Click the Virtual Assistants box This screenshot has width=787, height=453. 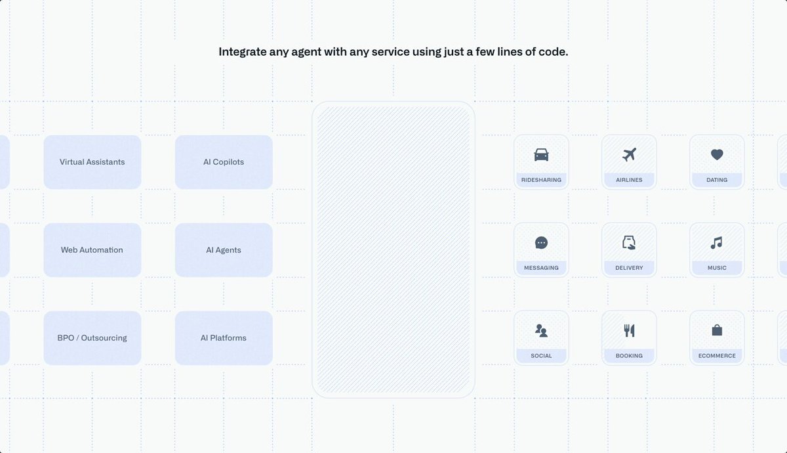coord(92,162)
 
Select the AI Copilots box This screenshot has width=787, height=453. coord(224,162)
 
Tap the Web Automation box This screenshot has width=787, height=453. coord(92,249)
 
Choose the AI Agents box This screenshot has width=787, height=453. coord(224,249)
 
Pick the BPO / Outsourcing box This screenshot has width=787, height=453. coord(92,337)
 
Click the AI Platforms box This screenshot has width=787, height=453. coord(224,337)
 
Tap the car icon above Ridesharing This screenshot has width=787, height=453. coord(542,155)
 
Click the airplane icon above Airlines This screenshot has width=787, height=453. coord(629,155)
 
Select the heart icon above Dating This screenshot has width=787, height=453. coord(717,155)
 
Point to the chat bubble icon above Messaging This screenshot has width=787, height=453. coord(542,243)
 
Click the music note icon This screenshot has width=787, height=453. coord(717,243)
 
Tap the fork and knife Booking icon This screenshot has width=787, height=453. coord(629,331)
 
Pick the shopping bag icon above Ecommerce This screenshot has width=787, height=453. coord(717,330)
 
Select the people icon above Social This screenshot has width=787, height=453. coord(542,331)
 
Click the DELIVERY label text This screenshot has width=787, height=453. coord(629,268)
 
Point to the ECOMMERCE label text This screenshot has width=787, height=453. coord(717,356)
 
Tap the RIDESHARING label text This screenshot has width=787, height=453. coord(542,180)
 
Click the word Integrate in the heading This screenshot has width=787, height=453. coord(243,52)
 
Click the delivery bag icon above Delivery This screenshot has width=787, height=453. coord(629,243)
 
